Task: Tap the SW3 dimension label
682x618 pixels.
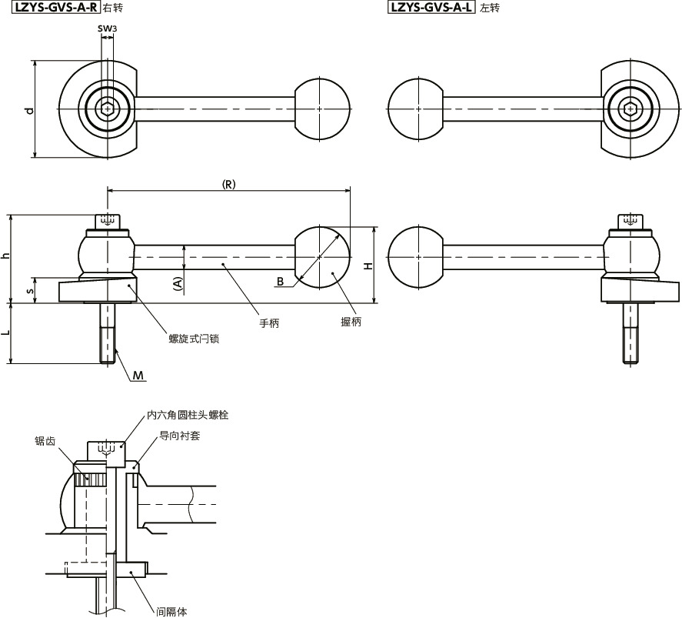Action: pyautogui.click(x=107, y=28)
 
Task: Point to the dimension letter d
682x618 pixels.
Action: pyautogui.click(x=29, y=110)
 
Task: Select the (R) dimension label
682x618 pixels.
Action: pyautogui.click(x=228, y=184)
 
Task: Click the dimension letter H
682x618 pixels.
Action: pyautogui.click(x=368, y=266)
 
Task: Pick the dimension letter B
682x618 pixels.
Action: pyautogui.click(x=281, y=282)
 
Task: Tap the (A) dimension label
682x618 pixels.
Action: pyautogui.click(x=178, y=282)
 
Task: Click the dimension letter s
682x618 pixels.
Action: pyautogui.click(x=29, y=290)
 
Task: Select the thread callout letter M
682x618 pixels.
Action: pyautogui.click(x=138, y=375)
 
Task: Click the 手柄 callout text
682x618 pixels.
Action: pyautogui.click(x=269, y=323)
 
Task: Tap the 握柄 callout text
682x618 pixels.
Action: pyautogui.click(x=351, y=322)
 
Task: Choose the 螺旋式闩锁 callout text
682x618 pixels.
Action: pyautogui.click(x=195, y=338)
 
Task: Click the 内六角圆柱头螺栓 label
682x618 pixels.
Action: pyautogui.click(x=188, y=415)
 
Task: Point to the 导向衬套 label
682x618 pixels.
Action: pyautogui.click(x=177, y=436)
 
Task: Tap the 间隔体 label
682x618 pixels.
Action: pyautogui.click(x=171, y=612)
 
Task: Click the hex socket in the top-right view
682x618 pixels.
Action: pyautogui.click(x=631, y=110)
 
